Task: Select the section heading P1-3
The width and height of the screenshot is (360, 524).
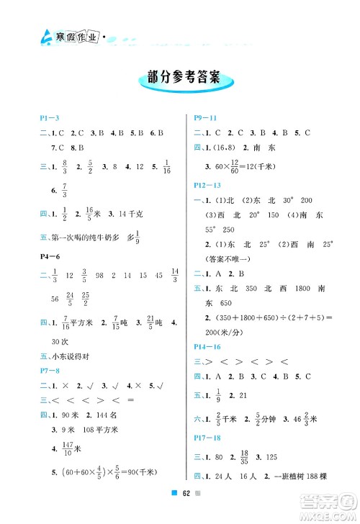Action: pos(45,117)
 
